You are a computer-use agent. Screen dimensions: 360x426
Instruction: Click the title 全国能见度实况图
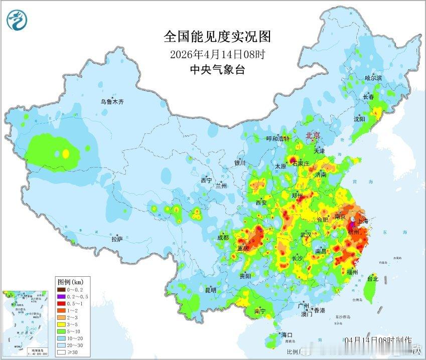217,37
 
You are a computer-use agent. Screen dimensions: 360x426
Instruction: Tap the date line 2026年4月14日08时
217,54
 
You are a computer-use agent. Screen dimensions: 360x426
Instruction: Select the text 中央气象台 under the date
217,70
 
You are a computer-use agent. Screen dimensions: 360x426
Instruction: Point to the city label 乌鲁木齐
112,101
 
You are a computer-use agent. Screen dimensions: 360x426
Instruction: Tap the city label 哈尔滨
373,78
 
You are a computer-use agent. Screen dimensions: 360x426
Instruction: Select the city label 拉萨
117,239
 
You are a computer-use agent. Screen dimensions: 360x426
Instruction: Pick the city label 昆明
210,290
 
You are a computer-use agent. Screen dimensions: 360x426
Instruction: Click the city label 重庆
243,248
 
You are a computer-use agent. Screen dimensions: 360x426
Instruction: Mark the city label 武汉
306,235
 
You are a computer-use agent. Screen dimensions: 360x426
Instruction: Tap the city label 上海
362,221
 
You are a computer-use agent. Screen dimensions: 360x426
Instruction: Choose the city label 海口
287,334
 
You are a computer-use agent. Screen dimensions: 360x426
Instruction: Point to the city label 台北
372,279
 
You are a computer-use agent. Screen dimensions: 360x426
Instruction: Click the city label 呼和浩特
278,138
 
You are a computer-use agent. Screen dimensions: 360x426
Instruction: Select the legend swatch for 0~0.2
61,289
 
